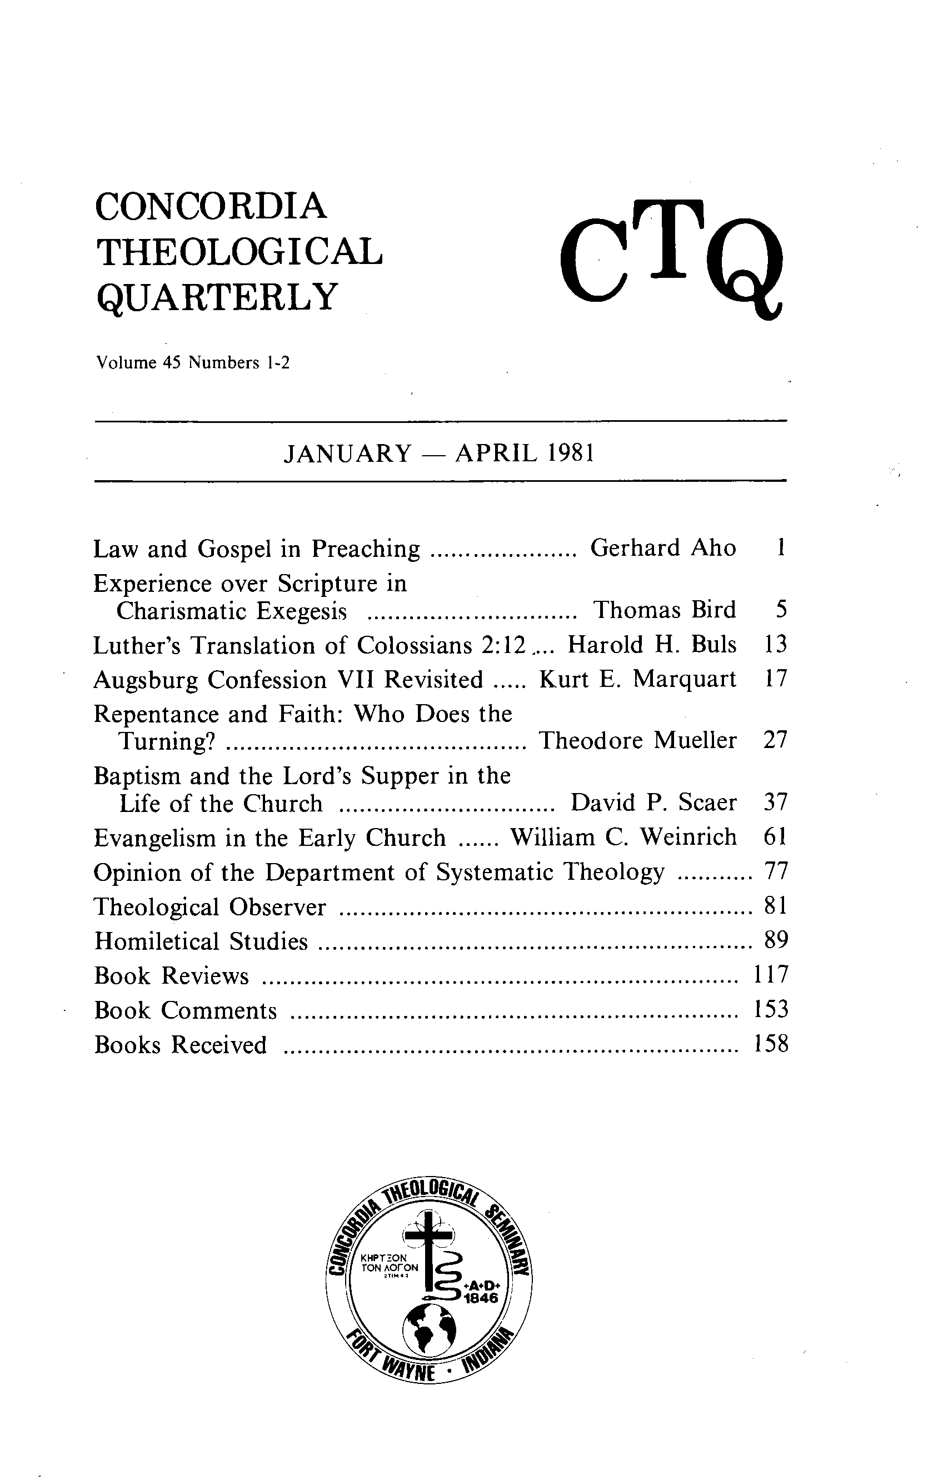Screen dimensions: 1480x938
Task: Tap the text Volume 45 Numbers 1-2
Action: tap(192, 363)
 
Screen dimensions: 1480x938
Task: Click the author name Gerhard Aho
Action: tap(662, 547)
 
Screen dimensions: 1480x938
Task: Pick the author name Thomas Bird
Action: tap(664, 610)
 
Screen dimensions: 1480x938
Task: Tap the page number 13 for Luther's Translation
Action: tap(775, 645)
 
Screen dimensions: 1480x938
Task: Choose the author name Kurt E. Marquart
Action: tap(637, 679)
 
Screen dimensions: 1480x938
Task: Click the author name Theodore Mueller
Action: tap(637, 741)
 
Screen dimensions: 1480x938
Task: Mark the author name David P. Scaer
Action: tap(653, 803)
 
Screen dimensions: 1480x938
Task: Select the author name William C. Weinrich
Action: tap(623, 837)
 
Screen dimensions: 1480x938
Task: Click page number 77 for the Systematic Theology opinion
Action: tap(776, 871)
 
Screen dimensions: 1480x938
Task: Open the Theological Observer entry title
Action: tap(209, 907)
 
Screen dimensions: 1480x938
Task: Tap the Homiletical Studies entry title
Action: tap(201, 941)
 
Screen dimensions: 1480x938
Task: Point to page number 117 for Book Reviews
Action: tap(770, 975)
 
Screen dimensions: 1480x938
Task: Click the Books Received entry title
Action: tap(181, 1045)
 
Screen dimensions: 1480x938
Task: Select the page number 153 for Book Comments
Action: tap(770, 1010)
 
